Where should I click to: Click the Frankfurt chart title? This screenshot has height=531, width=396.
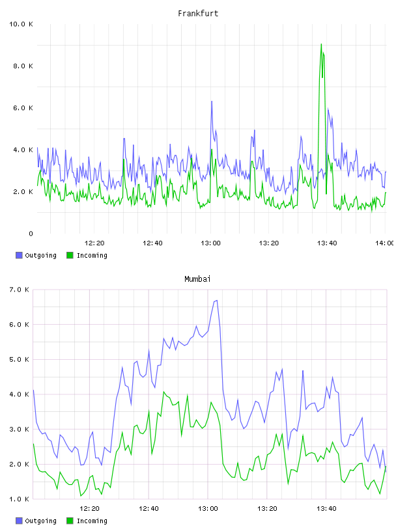pyautogui.click(x=198, y=14)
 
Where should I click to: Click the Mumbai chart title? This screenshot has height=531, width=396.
pyautogui.click(x=197, y=279)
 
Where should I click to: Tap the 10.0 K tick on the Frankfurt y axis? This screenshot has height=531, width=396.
pyautogui.click(x=21, y=24)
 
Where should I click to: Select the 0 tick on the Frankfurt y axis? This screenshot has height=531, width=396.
pyautogui.click(x=31, y=234)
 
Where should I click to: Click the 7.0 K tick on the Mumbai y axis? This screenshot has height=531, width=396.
pyautogui.click(x=19, y=290)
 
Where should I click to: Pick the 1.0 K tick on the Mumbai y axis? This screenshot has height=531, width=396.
pyautogui.click(x=19, y=499)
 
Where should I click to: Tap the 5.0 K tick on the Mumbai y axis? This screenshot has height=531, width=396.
pyautogui.click(x=19, y=359)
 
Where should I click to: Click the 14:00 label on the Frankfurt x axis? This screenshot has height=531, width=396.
pyautogui.click(x=385, y=243)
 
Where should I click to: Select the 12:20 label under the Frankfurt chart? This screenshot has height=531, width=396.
pyautogui.click(x=94, y=243)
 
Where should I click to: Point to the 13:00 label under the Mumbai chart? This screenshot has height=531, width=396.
pyautogui.click(x=208, y=509)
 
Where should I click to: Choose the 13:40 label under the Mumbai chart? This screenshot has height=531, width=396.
pyautogui.click(x=326, y=509)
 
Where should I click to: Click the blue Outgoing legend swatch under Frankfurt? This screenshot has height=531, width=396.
pyautogui.click(x=19, y=255)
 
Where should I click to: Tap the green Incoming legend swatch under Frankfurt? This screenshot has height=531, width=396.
pyautogui.click(x=70, y=255)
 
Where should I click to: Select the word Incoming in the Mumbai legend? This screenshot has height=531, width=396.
pyautogui.click(x=92, y=521)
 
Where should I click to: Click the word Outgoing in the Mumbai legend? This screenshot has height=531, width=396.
pyautogui.click(x=40, y=521)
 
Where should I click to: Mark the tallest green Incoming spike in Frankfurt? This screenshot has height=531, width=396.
pyautogui.click(x=321, y=44)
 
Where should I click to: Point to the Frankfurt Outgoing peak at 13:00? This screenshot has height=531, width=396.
pyautogui.click(x=212, y=102)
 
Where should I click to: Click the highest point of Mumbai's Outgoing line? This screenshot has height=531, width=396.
pyautogui.click(x=216, y=301)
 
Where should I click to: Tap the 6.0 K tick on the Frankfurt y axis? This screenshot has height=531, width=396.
pyautogui.click(x=23, y=108)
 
